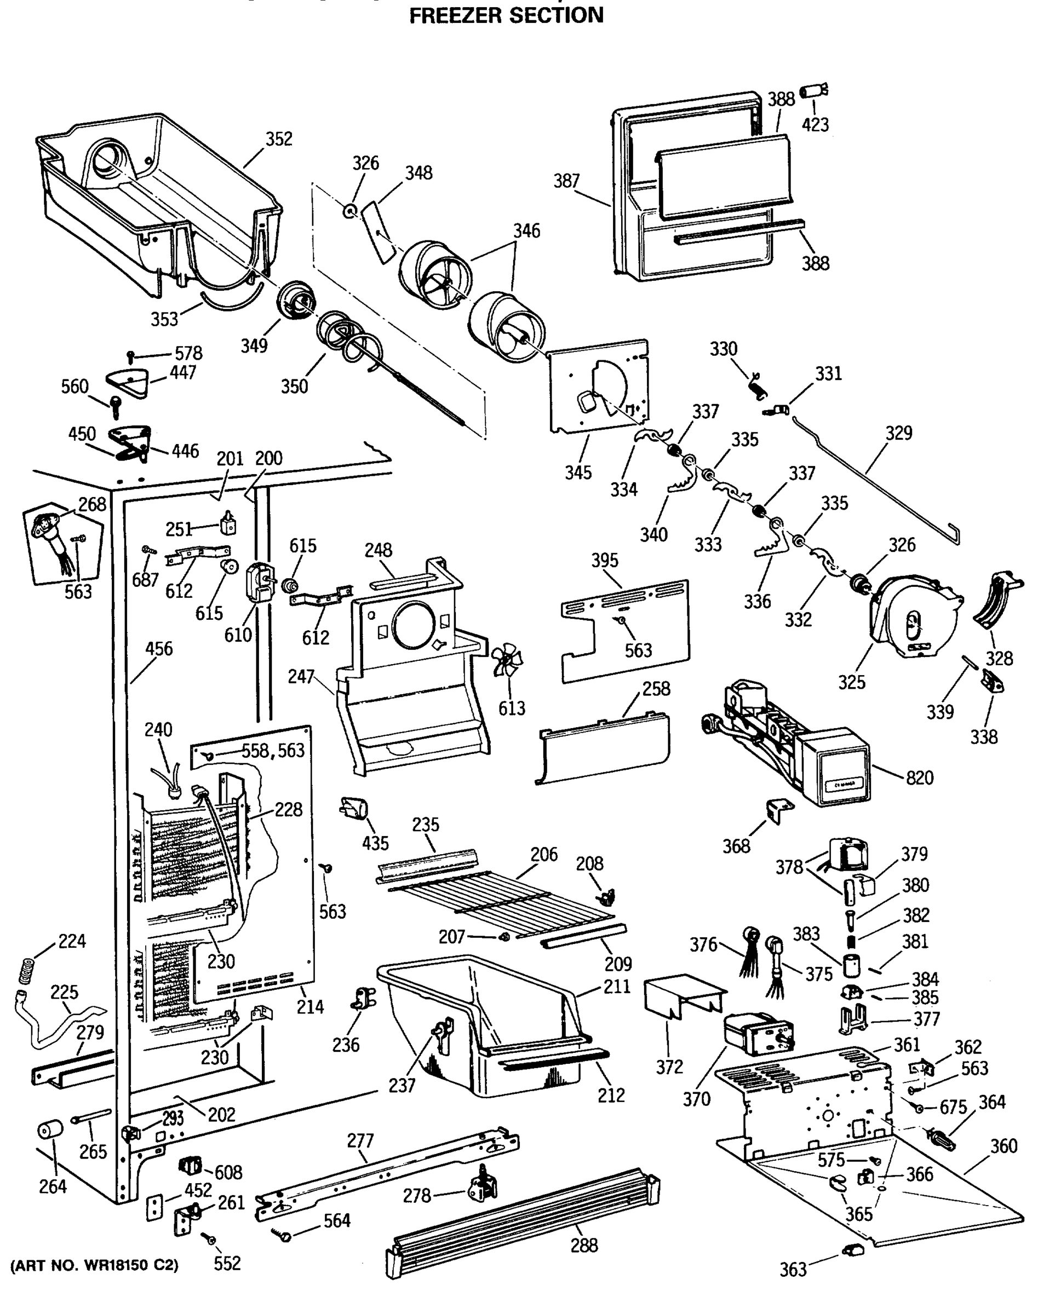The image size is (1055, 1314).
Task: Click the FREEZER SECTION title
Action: [x=506, y=15]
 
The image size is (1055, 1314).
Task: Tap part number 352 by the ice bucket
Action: [x=279, y=139]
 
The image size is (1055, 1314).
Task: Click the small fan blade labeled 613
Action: [x=507, y=661]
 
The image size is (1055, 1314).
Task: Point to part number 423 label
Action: [x=815, y=125]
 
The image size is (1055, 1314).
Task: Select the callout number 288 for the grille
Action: [x=583, y=1245]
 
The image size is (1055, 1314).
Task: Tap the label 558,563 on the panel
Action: [x=273, y=751]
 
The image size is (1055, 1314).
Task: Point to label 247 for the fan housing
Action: [x=301, y=677]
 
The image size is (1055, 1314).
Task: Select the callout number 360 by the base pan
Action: [x=1003, y=1146]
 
